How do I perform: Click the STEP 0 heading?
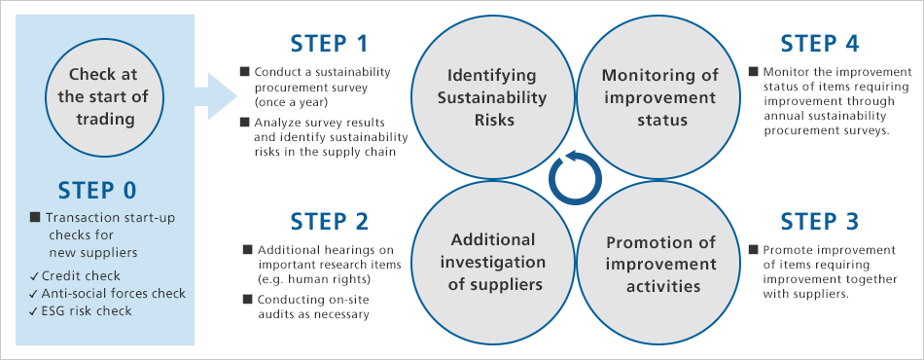click(x=97, y=189)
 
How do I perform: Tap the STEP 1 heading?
click(x=330, y=44)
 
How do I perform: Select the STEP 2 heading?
click(x=330, y=222)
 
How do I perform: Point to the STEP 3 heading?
click(x=820, y=222)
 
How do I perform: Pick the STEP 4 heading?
click(x=820, y=44)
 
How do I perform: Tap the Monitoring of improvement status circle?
click(x=659, y=97)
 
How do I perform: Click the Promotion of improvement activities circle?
click(x=659, y=263)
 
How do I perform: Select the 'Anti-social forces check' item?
click(x=107, y=293)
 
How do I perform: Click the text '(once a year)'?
click(x=292, y=100)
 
